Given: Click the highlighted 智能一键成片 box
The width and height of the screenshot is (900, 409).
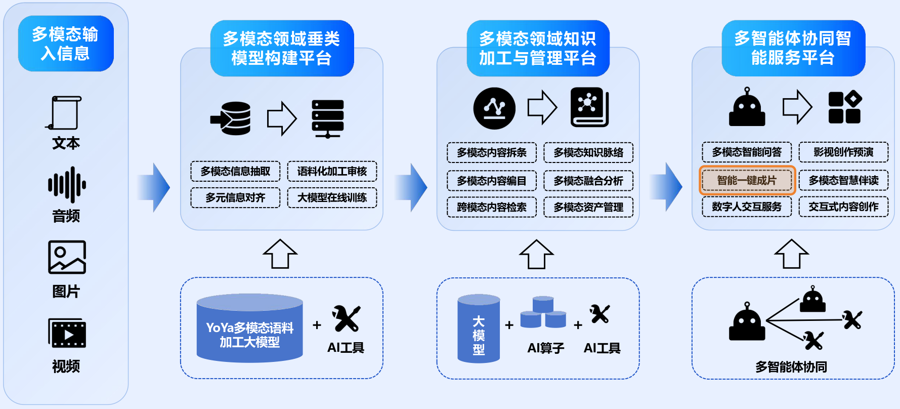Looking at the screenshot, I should tap(747, 180).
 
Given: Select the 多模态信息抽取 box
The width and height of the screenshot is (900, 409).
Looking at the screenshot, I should tap(235, 171).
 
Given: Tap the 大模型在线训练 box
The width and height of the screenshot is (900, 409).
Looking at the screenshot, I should tap(332, 197).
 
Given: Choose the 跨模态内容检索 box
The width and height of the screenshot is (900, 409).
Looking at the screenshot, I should tap(491, 207).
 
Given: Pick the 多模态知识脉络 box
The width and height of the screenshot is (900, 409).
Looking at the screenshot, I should tap(588, 152).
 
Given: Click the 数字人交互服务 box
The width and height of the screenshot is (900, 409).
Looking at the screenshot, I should tap(747, 207).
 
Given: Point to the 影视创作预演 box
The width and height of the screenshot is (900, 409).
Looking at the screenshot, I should tap(843, 152).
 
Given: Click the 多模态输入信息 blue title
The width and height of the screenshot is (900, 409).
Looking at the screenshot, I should tap(66, 44).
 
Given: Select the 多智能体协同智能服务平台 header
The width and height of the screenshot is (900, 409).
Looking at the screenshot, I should tap(793, 48).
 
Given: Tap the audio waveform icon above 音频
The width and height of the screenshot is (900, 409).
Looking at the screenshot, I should tap(67, 185).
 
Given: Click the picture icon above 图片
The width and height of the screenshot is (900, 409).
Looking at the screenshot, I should tap(67, 257).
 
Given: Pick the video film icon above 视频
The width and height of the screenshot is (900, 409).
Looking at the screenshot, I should tap(67, 333).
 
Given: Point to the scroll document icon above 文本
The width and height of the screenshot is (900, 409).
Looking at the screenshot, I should tap(65, 113).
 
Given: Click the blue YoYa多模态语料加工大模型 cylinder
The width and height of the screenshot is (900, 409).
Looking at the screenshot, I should tap(249, 329).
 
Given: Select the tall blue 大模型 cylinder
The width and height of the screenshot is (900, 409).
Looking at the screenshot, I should tap(479, 329).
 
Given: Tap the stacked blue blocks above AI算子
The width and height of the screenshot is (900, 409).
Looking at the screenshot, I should tap(543, 312).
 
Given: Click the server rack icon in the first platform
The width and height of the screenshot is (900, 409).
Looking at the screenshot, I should tap(328, 118).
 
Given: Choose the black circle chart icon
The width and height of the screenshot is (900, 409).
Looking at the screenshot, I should tap(494, 108).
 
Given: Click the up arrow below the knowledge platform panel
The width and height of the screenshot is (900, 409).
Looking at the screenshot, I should tap(536, 254).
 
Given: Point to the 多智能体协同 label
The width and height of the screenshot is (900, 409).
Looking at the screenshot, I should tap(791, 367).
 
